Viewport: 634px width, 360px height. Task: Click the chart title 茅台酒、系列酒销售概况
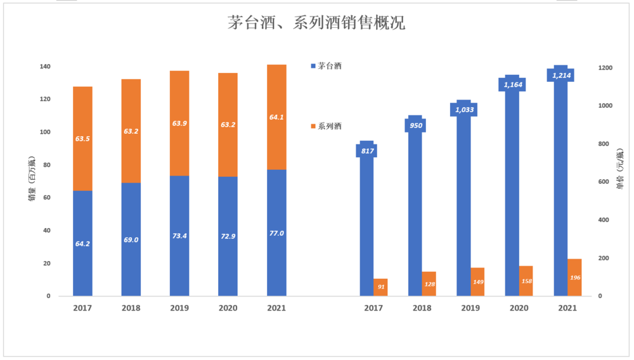point(316,23)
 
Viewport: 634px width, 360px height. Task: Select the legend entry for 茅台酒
point(329,66)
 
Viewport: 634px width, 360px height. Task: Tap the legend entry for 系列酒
point(329,126)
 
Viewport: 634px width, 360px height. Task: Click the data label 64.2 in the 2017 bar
point(82,243)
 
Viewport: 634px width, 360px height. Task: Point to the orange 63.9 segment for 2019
point(179,123)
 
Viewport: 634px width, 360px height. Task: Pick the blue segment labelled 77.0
point(276,233)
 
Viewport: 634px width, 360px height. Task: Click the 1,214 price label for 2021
point(561,75)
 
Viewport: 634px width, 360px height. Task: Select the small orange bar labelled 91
point(380,287)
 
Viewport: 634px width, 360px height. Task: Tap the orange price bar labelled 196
point(574,278)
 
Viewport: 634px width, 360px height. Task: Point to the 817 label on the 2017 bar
point(367,151)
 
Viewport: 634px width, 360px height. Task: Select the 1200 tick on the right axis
point(605,68)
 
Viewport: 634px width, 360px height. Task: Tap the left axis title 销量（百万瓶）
point(32,181)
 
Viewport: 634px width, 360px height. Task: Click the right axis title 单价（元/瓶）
point(620,169)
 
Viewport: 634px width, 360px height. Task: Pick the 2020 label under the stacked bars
point(228,308)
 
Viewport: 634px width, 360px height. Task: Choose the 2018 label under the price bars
point(422,308)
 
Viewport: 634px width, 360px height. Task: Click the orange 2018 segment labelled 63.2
point(131,132)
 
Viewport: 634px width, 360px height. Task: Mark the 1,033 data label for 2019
point(463,110)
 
